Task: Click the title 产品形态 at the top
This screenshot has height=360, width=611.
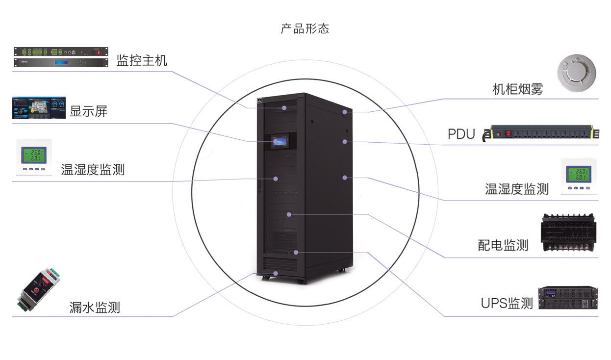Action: coord(305,28)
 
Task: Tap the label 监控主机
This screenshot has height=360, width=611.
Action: coord(142,61)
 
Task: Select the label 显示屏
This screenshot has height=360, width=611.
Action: coord(88,112)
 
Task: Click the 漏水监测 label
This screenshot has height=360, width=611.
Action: coord(95,308)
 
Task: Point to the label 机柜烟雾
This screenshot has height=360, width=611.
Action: coord(517,89)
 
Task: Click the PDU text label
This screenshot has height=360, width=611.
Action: coord(461,134)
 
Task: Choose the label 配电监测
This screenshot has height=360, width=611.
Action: coord(503,245)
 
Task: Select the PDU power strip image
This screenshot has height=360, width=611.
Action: coord(541,133)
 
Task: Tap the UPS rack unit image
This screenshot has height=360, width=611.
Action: coord(568,298)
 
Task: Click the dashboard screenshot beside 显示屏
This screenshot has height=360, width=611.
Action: coord(38,108)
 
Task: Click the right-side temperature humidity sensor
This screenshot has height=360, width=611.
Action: coord(579,178)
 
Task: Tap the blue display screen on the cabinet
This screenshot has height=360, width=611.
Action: coord(281,141)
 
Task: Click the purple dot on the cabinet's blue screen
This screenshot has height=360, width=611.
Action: coord(276,141)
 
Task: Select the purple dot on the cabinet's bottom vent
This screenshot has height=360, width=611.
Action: coord(276,273)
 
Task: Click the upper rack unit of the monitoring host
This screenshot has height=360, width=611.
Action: coord(60,51)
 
